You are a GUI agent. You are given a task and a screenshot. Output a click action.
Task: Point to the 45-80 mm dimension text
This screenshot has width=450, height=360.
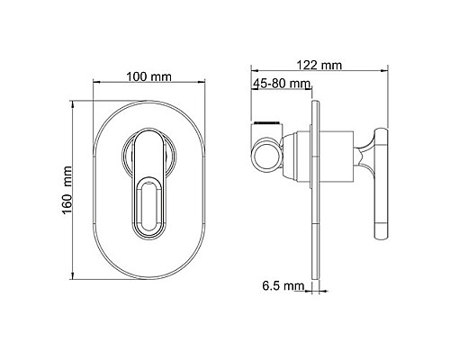point(281,84)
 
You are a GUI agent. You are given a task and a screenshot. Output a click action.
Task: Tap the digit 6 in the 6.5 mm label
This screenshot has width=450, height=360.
point(266,288)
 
